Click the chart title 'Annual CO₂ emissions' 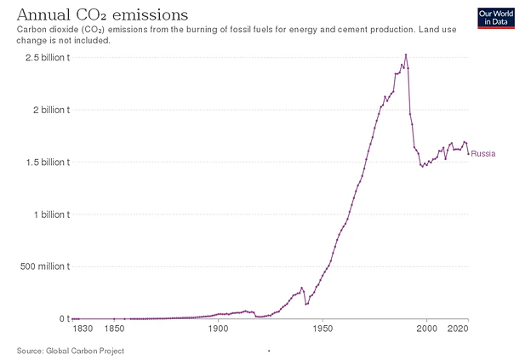102,15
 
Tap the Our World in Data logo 496,18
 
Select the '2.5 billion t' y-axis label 48,58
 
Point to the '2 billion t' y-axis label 51,110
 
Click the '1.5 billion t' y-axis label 49,163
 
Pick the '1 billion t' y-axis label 52,214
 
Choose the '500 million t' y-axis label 45,266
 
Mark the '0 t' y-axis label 65,318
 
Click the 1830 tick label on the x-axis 83,329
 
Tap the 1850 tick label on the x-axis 115,329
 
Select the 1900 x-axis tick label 218,329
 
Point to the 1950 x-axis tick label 323,329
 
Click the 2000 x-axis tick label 426,329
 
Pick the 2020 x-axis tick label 458,329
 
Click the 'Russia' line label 483,154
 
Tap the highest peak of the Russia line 406,54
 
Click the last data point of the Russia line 468,154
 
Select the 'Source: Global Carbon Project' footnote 71,351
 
